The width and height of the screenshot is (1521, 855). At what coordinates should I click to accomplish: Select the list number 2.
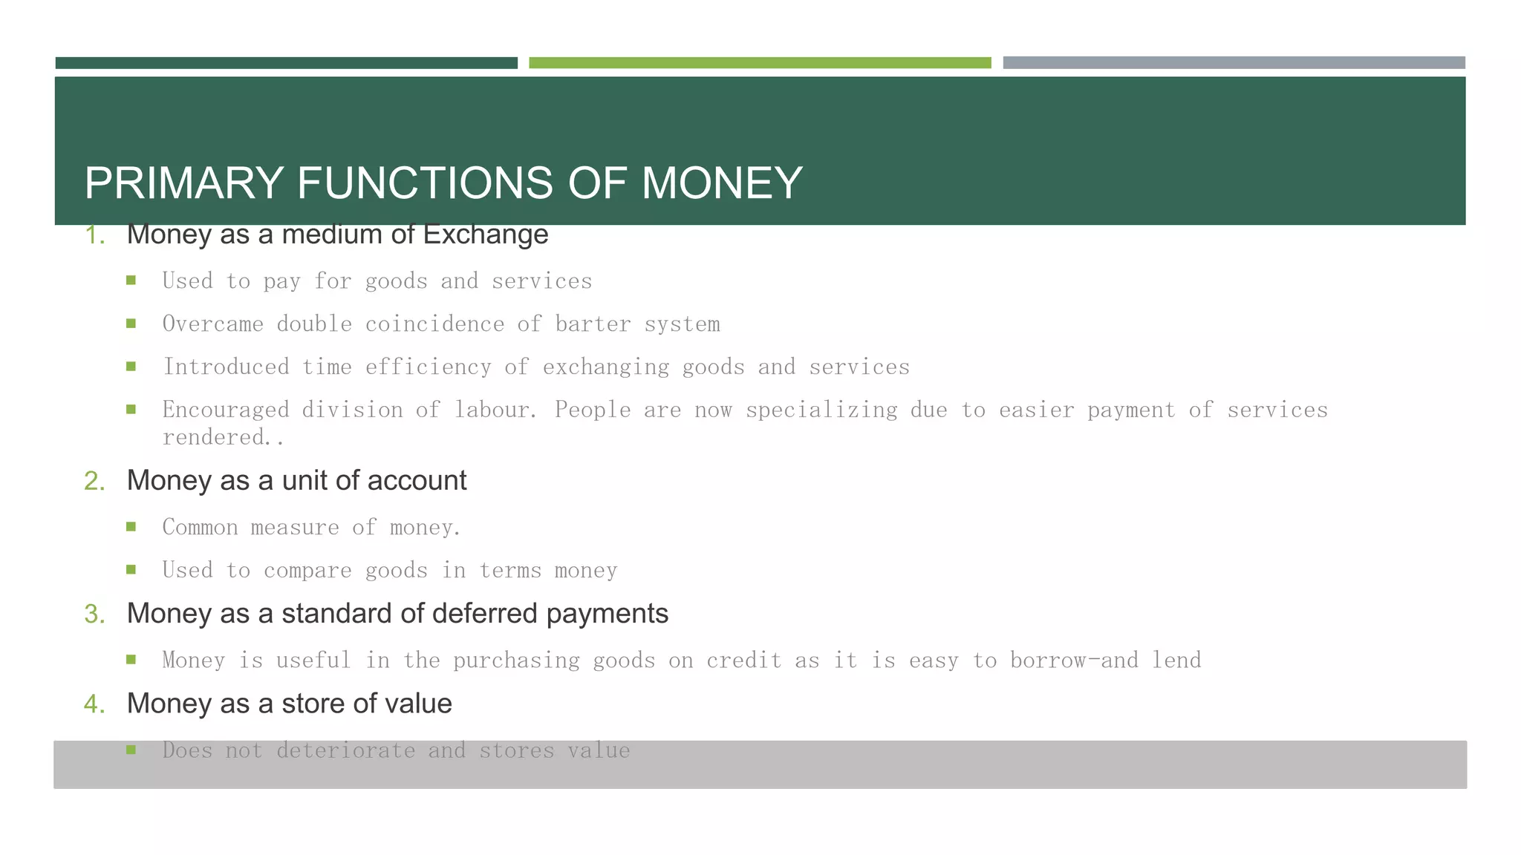tap(94, 481)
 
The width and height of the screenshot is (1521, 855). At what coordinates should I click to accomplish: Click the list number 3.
tap(94, 614)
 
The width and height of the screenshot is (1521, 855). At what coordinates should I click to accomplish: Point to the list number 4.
tap(94, 704)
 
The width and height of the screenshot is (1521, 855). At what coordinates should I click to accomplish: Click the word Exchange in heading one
tap(486, 235)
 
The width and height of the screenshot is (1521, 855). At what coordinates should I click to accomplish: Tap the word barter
tap(593, 324)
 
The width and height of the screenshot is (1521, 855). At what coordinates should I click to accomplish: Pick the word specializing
tap(821, 410)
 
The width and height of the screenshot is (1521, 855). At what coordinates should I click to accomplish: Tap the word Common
tap(201, 528)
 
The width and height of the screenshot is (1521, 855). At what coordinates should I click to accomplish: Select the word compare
tap(307, 571)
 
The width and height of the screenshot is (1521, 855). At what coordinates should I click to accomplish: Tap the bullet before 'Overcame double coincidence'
tap(131, 324)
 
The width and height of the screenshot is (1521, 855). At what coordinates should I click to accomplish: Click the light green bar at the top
tap(760, 63)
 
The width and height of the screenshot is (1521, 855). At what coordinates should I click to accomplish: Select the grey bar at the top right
tap(1234, 63)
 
